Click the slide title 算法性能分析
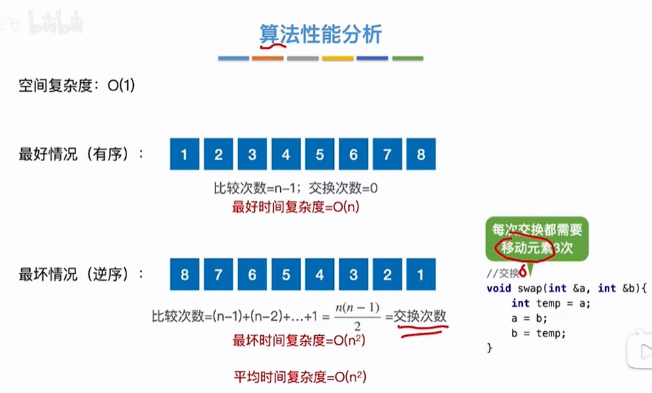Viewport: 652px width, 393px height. [x=320, y=33]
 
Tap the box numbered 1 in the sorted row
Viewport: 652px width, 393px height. [x=184, y=154]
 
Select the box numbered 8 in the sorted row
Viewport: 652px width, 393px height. [x=421, y=154]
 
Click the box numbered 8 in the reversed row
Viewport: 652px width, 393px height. [x=184, y=275]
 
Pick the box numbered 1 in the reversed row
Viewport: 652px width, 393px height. [x=421, y=275]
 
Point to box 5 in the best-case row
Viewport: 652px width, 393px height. [x=320, y=154]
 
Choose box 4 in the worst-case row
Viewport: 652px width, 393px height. [x=320, y=275]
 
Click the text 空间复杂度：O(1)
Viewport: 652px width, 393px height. [x=78, y=87]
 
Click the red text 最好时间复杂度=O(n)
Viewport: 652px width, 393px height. [x=296, y=207]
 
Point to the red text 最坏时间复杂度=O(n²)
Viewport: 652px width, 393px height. [x=299, y=340]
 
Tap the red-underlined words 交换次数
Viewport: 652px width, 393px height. [x=421, y=316]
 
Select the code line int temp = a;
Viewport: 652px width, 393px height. [x=551, y=303]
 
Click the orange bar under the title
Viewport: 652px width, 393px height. [x=267, y=58]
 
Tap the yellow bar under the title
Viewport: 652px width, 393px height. [x=338, y=58]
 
